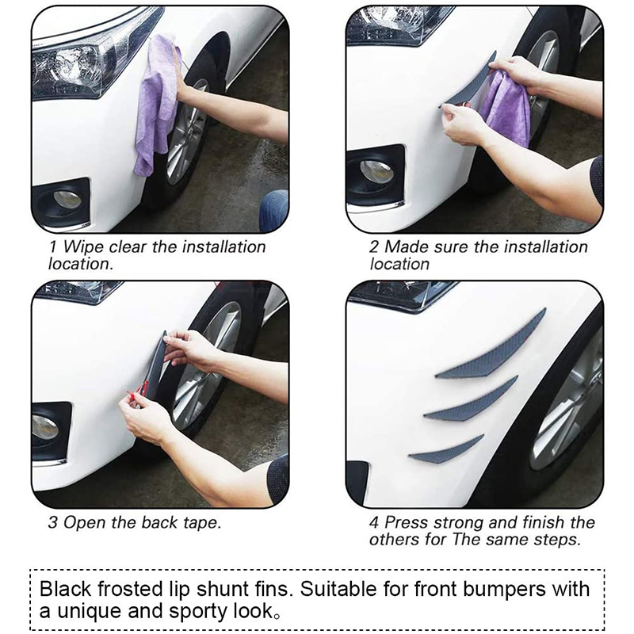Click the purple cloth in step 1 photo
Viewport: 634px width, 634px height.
(155, 105)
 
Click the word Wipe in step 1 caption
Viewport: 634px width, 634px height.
(83, 247)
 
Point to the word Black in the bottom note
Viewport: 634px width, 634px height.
(66, 589)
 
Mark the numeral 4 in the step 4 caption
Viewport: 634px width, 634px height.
(374, 522)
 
